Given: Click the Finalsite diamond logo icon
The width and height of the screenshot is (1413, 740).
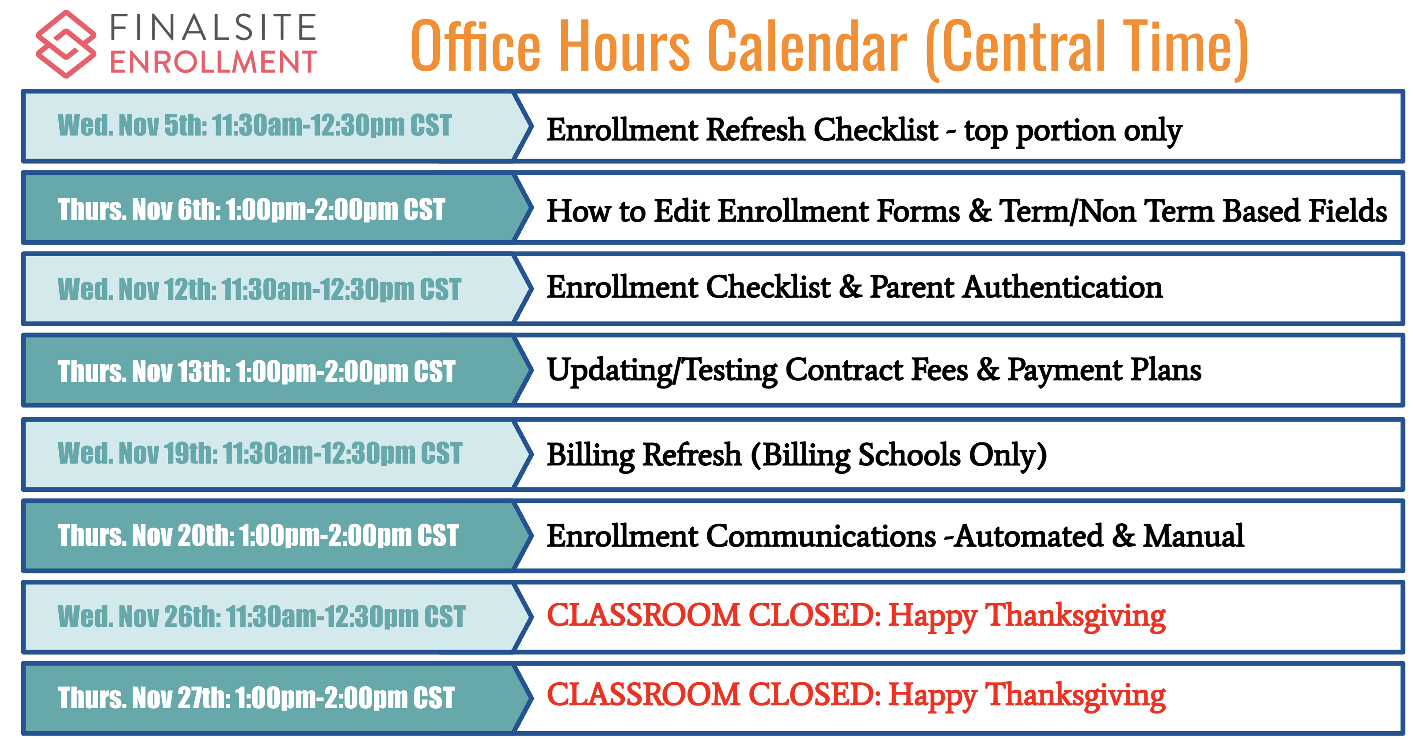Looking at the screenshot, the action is (66, 44).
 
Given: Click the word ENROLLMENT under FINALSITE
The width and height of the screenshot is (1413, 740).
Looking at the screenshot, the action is (213, 61).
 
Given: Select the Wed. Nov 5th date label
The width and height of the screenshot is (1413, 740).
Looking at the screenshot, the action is (254, 125).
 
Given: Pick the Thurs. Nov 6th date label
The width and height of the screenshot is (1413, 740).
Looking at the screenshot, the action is (251, 209).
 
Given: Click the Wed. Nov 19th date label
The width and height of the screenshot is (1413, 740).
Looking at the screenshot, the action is (259, 453).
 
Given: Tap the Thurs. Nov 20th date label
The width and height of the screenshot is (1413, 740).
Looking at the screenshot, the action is (258, 535).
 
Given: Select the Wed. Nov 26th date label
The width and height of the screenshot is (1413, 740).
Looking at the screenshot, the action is (261, 616).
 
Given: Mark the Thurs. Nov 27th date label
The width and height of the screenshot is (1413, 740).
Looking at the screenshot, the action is (256, 698).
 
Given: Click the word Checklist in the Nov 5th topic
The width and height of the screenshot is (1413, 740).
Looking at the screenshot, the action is (876, 130).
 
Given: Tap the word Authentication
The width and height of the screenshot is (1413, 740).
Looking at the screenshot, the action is (1063, 287).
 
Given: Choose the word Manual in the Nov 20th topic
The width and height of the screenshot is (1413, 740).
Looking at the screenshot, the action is (1193, 536).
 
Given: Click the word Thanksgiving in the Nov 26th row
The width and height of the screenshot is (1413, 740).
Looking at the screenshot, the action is (1076, 616).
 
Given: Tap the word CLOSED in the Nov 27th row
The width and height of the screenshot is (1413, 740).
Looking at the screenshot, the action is (815, 695).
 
